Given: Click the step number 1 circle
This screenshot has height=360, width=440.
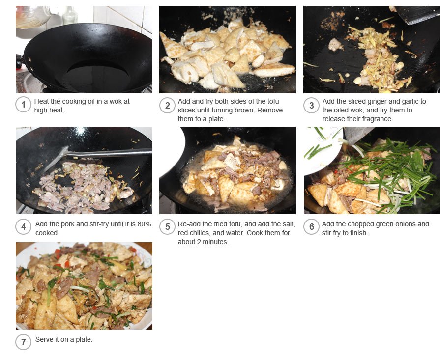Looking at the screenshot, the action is pyautogui.click(x=23, y=105).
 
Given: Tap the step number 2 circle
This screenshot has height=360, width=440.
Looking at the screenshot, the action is pyautogui.click(x=167, y=106).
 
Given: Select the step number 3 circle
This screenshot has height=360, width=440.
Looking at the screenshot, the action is pyautogui.click(x=311, y=106).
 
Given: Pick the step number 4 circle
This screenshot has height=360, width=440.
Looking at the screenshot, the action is pyautogui.click(x=23, y=227).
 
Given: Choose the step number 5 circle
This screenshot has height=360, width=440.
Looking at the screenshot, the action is pyautogui.click(x=167, y=227).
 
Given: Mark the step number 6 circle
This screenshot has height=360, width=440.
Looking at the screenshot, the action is pyautogui.click(x=311, y=227).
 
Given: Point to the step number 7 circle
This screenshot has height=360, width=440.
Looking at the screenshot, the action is pyautogui.click(x=23, y=342).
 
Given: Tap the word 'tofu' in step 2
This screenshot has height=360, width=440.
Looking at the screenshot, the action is pyautogui.click(x=273, y=102).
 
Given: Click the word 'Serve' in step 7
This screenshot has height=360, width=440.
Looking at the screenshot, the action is pyautogui.click(x=43, y=339).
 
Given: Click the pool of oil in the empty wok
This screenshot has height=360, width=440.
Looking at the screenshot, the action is pyautogui.click(x=97, y=74).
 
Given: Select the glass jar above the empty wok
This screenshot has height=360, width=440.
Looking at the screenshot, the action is pyautogui.click(x=32, y=17).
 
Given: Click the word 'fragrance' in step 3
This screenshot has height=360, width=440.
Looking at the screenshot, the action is pyautogui.click(x=378, y=119).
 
